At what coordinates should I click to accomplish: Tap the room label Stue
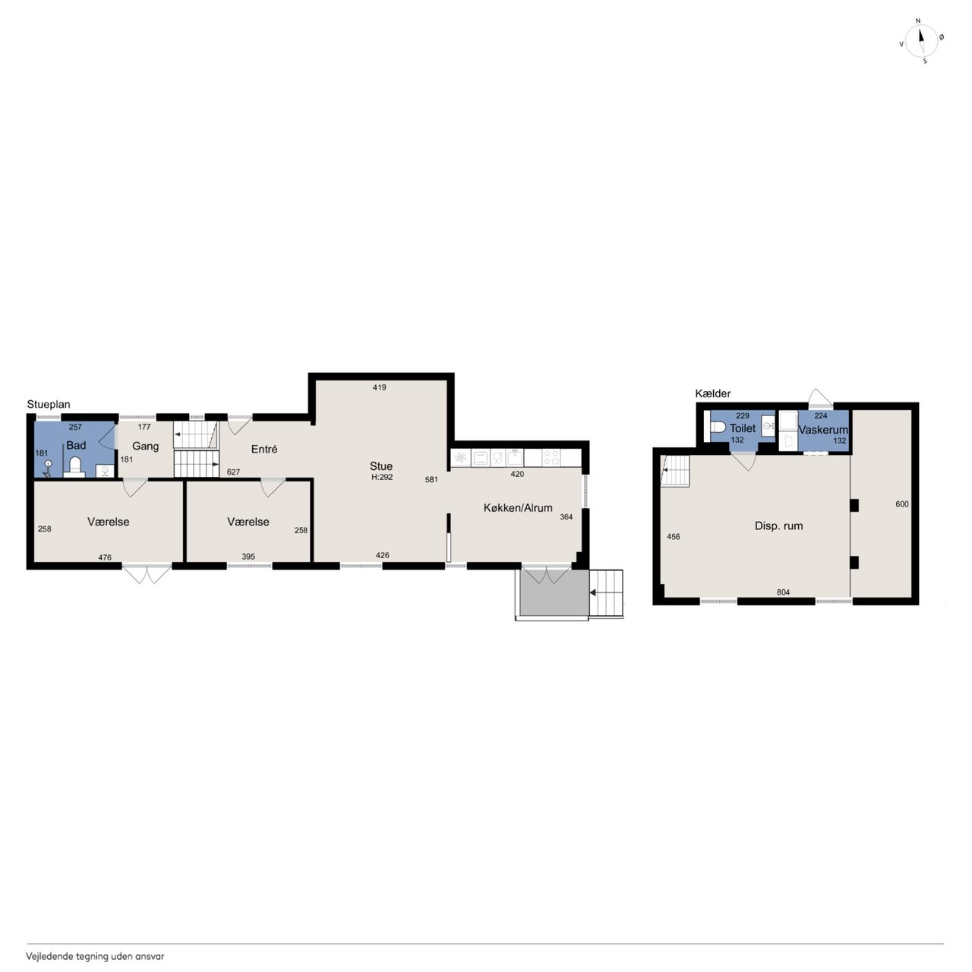click(381, 466)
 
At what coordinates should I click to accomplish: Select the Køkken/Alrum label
click(518, 508)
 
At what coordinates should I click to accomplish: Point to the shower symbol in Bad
click(47, 469)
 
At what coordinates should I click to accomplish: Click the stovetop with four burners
click(551, 458)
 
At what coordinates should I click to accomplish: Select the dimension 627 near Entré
click(234, 472)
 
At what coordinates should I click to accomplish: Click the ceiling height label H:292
click(382, 477)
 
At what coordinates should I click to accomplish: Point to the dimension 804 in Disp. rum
click(783, 592)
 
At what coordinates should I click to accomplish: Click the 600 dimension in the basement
click(902, 504)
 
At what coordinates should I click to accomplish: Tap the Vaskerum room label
click(822, 431)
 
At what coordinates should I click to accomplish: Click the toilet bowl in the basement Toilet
click(718, 428)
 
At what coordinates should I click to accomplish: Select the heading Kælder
click(713, 393)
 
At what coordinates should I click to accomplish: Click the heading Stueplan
click(49, 405)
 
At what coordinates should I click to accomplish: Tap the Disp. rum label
click(778, 526)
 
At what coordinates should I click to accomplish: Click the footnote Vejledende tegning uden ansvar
click(95, 956)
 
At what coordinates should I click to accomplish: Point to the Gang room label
click(145, 446)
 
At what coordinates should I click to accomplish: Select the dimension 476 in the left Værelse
click(105, 557)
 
